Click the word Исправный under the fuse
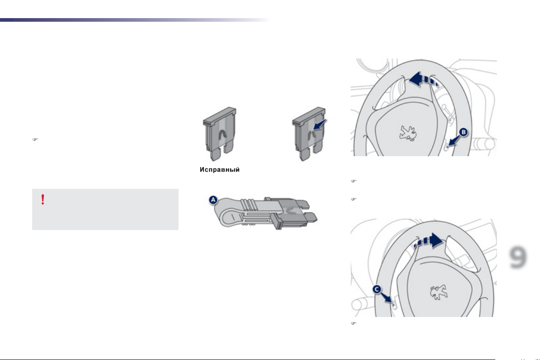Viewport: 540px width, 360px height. coord(220,170)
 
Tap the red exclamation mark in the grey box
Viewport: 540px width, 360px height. coord(43,200)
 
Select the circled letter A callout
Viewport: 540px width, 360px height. coord(213,200)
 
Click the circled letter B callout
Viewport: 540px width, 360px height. coord(463,132)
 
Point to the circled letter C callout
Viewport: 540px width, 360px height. coord(377,289)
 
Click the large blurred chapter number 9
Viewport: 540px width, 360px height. coord(518,257)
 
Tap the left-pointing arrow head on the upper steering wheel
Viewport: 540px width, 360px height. coord(416,79)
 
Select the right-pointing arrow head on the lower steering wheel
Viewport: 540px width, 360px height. coord(437,240)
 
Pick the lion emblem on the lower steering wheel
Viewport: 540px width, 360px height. coord(438,292)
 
